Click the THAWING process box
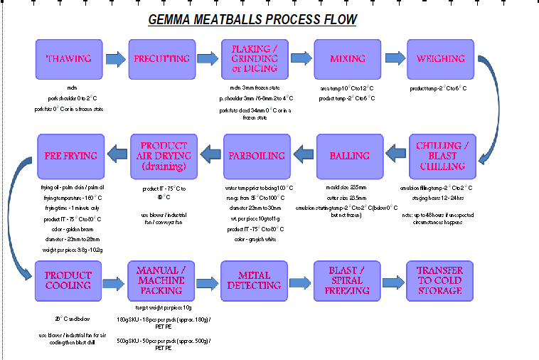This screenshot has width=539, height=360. point(68,59)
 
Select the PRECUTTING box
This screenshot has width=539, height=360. point(161,59)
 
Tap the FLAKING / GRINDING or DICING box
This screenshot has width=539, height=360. point(255,59)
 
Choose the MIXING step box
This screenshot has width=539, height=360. point(347,59)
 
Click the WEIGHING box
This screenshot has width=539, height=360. point(440,59)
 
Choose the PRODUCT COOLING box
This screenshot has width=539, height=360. point(68,280)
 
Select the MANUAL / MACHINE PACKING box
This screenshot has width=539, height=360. point(161,280)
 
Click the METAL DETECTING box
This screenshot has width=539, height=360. point(255,280)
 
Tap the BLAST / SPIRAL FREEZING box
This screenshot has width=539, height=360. point(347,280)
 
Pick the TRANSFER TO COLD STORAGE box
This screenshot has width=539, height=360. point(440,280)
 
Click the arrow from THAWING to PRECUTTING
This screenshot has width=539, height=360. point(115,59)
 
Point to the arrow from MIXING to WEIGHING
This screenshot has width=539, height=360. point(394,59)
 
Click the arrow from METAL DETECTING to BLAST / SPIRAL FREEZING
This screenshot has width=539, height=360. point(301,280)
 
